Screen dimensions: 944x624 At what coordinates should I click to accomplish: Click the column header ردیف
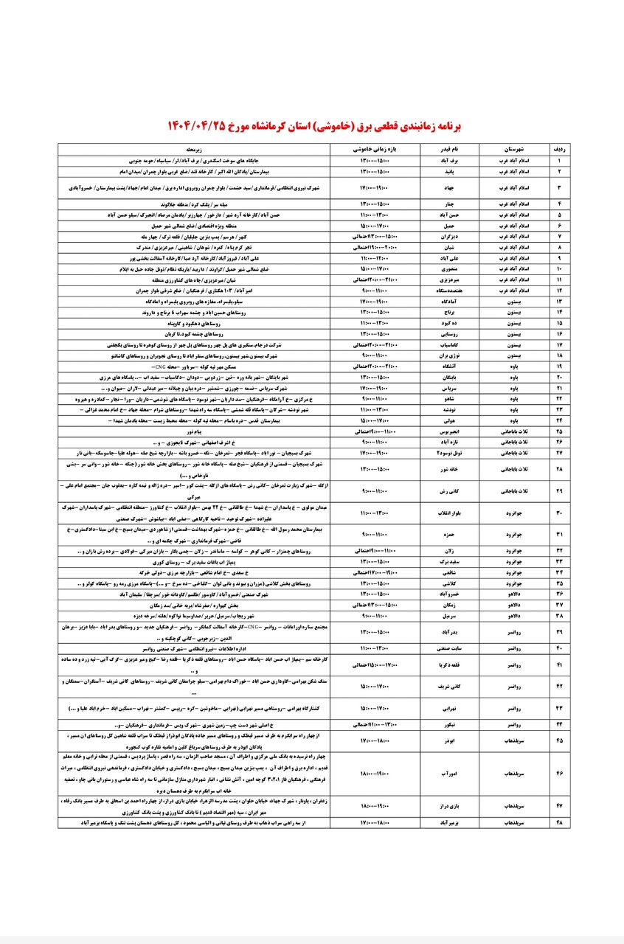[x=559, y=148]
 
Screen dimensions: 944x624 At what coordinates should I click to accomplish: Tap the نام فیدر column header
[x=450, y=148]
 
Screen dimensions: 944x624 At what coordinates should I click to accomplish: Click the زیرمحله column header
[x=202, y=148]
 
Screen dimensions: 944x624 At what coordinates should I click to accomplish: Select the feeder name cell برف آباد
[x=450, y=159]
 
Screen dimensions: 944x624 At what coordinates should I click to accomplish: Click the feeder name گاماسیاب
[x=450, y=344]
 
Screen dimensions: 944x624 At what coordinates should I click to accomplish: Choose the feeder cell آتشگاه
[x=450, y=367]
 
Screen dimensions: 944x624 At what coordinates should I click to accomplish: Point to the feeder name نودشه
[x=450, y=409]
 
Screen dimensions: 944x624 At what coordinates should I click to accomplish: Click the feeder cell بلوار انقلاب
[x=450, y=513]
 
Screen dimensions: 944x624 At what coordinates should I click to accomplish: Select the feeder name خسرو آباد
[x=450, y=593]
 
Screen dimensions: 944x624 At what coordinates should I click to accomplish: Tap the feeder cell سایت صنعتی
[x=450, y=649]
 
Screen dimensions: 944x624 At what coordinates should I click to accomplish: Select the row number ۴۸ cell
[x=559, y=822]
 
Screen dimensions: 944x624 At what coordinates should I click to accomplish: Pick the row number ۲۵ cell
[x=559, y=430]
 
